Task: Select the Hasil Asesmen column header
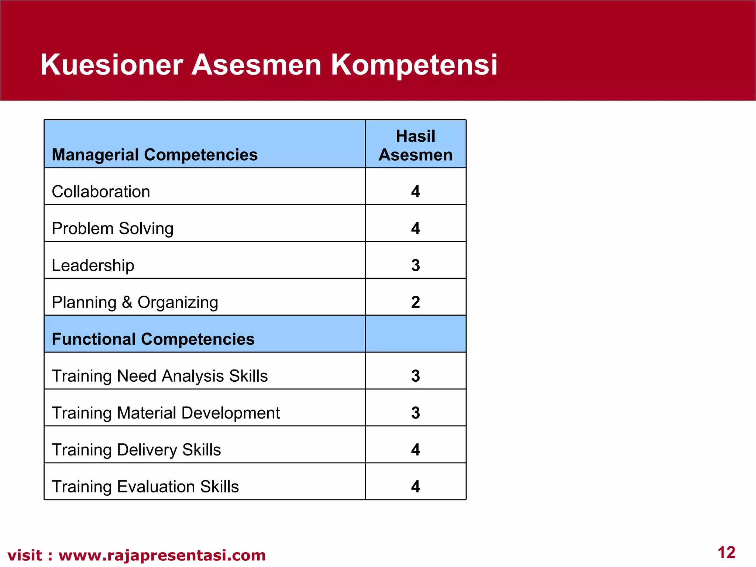point(415,145)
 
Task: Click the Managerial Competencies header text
point(155,155)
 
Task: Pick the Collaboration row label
point(101,192)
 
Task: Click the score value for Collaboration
point(415,192)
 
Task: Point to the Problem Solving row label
point(113,228)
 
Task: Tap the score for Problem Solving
point(415,228)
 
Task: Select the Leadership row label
point(93,265)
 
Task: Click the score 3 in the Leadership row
point(415,265)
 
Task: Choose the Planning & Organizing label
point(135,302)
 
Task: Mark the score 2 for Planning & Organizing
point(415,302)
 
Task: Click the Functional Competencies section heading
point(153,339)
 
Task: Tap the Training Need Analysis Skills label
point(159,376)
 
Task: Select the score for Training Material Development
point(415,413)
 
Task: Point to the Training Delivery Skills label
point(136,450)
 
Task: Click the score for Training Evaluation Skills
point(415,487)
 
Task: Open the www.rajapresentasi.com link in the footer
point(162,555)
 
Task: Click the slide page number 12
point(726,553)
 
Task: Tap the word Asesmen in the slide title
point(257,65)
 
